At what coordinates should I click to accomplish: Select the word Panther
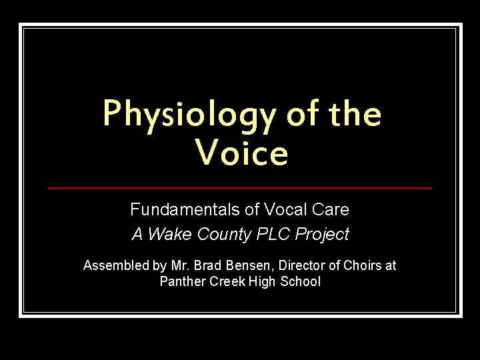tap(182, 281)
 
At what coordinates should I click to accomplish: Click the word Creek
tap(227, 281)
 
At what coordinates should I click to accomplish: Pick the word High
tap(263, 281)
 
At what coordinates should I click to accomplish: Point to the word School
tap(301, 281)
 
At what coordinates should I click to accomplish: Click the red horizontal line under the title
tap(240, 188)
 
